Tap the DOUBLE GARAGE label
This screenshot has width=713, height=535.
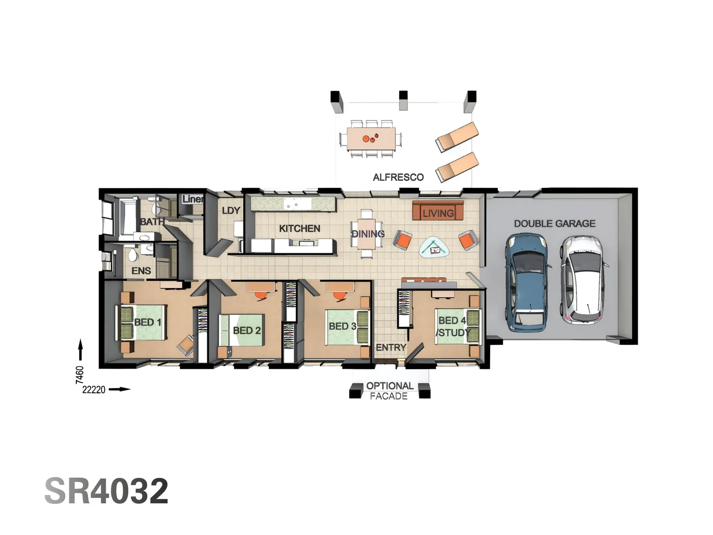pyautogui.click(x=554, y=223)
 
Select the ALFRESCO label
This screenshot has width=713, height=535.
pyautogui.click(x=398, y=177)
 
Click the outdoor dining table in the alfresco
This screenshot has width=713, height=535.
pyautogui.click(x=371, y=139)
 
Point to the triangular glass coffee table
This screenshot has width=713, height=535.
pyautogui.click(x=435, y=247)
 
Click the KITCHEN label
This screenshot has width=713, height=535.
pyautogui.click(x=299, y=228)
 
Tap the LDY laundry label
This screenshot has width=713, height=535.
pyautogui.click(x=231, y=211)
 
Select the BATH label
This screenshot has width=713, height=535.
pyautogui.click(x=152, y=221)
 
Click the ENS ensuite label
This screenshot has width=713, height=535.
pyautogui.click(x=141, y=270)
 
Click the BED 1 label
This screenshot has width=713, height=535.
pyautogui.click(x=148, y=322)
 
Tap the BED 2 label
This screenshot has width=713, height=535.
pyautogui.click(x=247, y=330)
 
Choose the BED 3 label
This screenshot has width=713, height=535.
pyautogui.click(x=342, y=326)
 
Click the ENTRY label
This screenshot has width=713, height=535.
pyautogui.click(x=391, y=348)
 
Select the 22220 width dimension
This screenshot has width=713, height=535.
pyautogui.click(x=94, y=390)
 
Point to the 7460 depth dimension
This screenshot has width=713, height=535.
pyautogui.click(x=80, y=374)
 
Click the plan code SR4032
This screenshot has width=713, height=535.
pyautogui.click(x=106, y=491)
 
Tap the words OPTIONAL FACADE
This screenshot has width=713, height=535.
pyautogui.click(x=389, y=391)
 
